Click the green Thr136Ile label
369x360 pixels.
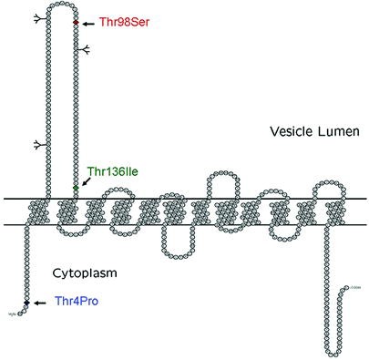tap(112, 170)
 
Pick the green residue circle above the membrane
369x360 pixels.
tap(76, 189)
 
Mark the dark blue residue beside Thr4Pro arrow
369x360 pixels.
tap(28, 302)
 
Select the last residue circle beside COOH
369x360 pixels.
tap(347, 289)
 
